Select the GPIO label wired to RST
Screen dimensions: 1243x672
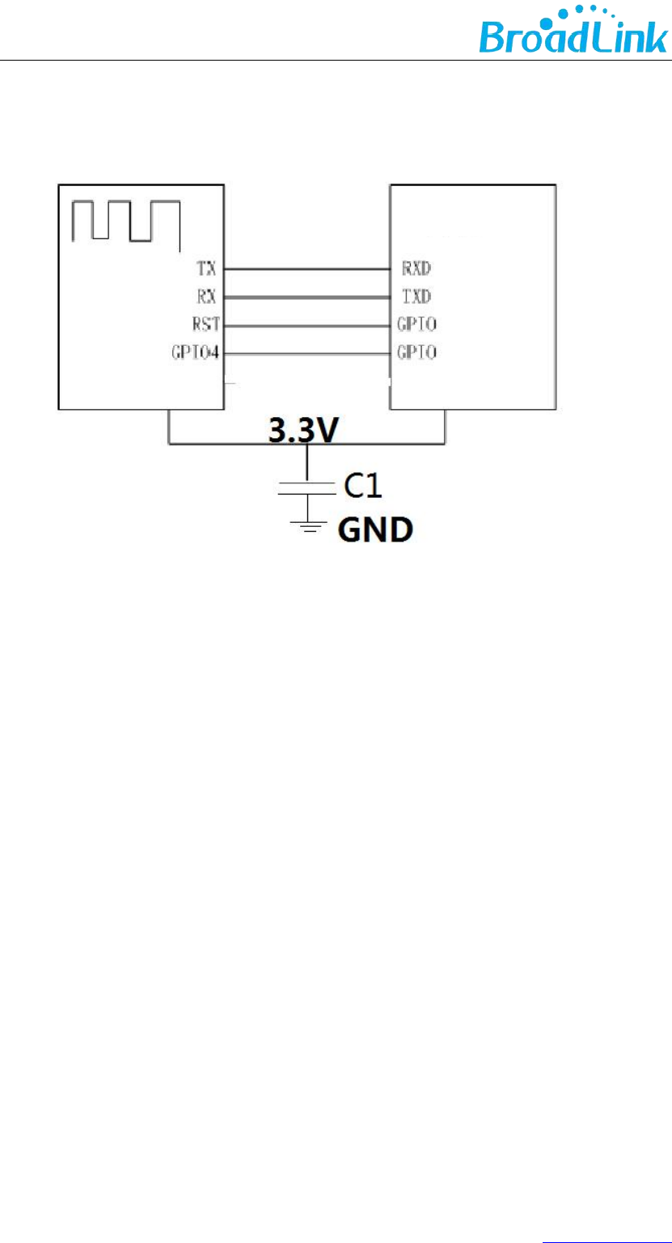point(418,325)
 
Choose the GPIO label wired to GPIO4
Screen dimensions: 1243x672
point(418,353)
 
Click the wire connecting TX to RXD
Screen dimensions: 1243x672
point(307,268)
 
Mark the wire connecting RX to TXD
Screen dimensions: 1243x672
point(307,297)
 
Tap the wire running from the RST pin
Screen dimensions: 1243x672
point(307,325)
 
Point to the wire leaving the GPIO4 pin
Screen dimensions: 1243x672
point(307,353)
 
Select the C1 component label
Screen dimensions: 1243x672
point(361,486)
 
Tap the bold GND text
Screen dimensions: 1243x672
point(374,530)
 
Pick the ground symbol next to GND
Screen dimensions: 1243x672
point(307,525)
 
